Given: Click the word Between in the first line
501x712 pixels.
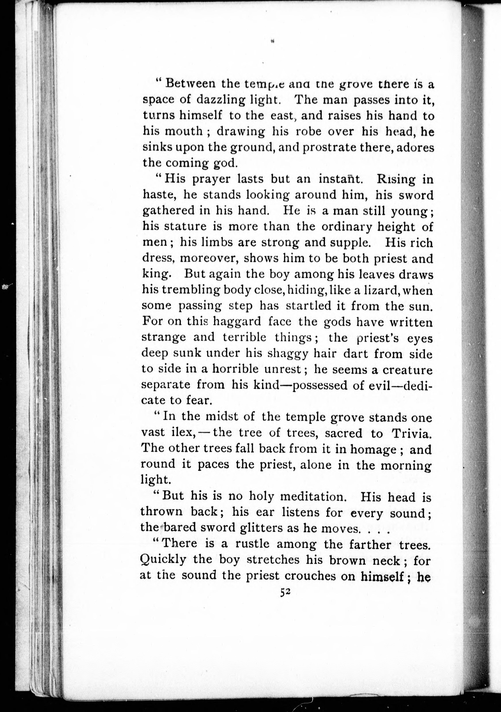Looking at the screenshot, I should tap(190, 84).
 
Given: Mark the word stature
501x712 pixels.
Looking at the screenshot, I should tap(185, 226).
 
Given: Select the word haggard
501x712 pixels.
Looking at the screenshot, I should tap(237, 322).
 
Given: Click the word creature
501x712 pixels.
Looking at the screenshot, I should tap(408, 370).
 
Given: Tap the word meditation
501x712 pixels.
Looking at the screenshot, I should tap(313, 497).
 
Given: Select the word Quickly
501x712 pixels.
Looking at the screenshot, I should tap(163, 560).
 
